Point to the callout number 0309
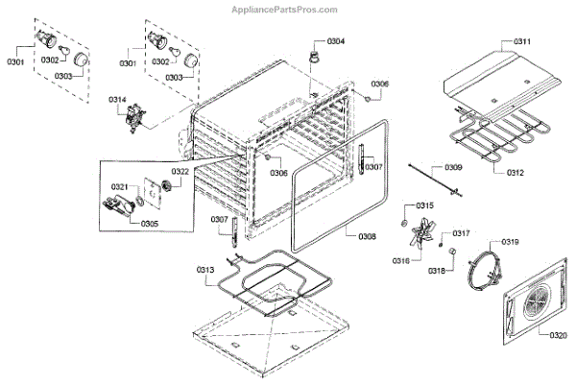[453, 168]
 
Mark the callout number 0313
[204, 270]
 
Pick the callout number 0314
[117, 100]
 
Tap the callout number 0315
[424, 206]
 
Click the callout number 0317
[462, 233]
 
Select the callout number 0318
[437, 271]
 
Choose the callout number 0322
[179, 171]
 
